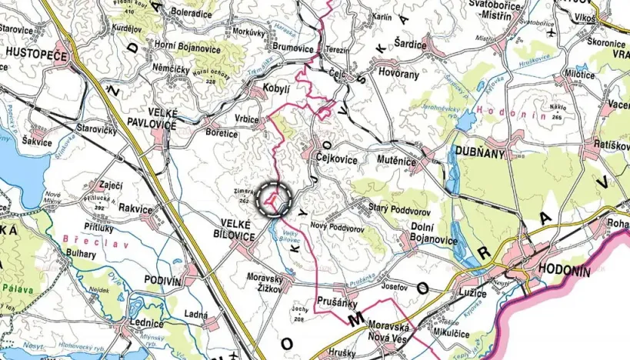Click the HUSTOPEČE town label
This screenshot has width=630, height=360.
pyautogui.click(x=36, y=54)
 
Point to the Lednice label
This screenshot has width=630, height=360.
pyautogui.click(x=145, y=324)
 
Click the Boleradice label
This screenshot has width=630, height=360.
pyautogui.click(x=190, y=12)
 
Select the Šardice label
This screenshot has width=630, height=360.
pyautogui.click(x=409, y=43)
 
